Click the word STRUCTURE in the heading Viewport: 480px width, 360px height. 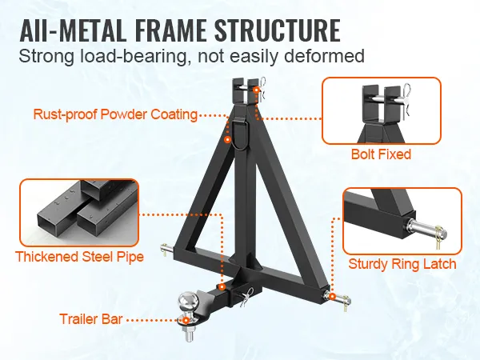[278, 30]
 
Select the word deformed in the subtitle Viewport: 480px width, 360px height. [324, 56]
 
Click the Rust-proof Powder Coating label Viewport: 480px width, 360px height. [115, 114]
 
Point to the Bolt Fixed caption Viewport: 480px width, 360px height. [381, 154]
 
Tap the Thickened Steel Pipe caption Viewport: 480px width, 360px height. [79, 257]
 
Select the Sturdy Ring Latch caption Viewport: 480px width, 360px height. [402, 264]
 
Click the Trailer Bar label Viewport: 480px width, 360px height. [91, 319]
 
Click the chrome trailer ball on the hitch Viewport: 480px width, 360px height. [186, 300]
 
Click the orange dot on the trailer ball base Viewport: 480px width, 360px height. [186, 320]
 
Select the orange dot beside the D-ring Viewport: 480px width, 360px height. [227, 139]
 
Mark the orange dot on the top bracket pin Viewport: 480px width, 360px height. [256, 90]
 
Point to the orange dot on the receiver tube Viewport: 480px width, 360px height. [222, 287]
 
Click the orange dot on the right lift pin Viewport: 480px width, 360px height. [332, 296]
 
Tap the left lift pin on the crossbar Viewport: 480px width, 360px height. [167, 248]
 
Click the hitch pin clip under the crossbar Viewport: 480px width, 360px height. [246, 295]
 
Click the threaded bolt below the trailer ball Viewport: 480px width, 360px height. [187, 334]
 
